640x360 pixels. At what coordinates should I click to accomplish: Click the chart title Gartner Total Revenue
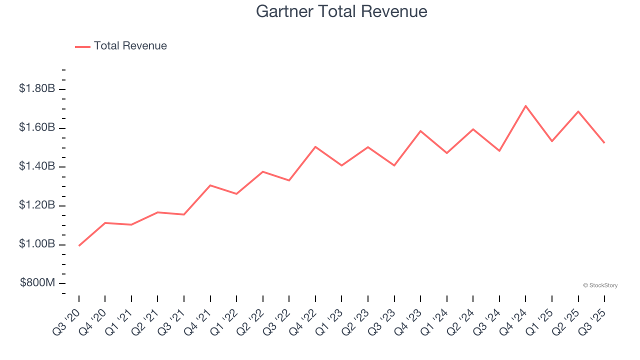pyautogui.click(x=341, y=11)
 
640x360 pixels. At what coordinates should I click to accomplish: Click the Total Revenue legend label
pyautogui.click(x=130, y=46)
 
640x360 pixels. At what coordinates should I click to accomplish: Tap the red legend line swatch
pyautogui.click(x=82, y=46)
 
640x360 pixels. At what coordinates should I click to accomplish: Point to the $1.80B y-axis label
pyautogui.click(x=37, y=89)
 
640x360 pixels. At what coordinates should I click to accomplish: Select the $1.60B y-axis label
pyautogui.click(x=37, y=127)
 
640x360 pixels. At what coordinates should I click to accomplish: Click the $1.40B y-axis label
pyautogui.click(x=37, y=166)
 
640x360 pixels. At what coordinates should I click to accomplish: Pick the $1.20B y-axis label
pyautogui.click(x=37, y=205)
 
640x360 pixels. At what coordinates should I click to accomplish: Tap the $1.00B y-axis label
pyautogui.click(x=37, y=244)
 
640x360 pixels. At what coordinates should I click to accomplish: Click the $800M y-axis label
pyautogui.click(x=37, y=283)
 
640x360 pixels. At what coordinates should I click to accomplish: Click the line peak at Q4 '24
pyautogui.click(x=525, y=106)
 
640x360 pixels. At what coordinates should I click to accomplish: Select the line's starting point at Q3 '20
pyautogui.click(x=79, y=245)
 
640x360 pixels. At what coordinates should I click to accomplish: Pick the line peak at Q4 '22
pyautogui.click(x=315, y=146)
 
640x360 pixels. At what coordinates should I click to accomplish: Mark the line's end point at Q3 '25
pyautogui.click(x=604, y=143)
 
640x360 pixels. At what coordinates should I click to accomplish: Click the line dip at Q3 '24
pyautogui.click(x=499, y=150)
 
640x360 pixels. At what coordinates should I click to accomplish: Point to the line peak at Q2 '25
pyautogui.click(x=578, y=111)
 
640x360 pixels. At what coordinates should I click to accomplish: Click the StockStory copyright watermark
pyautogui.click(x=600, y=285)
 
